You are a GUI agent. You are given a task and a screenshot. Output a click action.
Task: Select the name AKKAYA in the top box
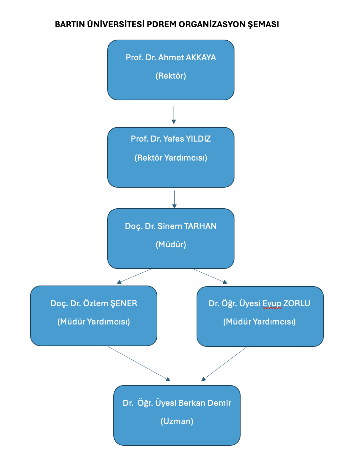pos(201,58)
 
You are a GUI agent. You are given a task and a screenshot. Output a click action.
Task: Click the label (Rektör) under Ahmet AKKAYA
pos(171,76)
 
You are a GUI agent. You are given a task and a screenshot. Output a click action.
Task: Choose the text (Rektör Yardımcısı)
pos(171,158)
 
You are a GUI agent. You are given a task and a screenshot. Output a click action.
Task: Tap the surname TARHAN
pos(200,226)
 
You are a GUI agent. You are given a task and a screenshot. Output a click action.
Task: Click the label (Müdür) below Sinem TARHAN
pos(171,245)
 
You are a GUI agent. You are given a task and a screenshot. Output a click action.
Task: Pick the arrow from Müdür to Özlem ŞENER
pos(134,276)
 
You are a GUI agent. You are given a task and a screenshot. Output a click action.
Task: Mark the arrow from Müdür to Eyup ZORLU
pos(210,276)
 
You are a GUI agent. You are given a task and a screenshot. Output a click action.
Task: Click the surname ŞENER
pos(124,303)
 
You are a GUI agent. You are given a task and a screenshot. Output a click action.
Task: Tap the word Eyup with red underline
pos(272,303)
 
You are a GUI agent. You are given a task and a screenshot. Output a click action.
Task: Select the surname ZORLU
pos(297,303)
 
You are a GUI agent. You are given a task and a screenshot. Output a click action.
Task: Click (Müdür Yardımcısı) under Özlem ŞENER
pos(94,322)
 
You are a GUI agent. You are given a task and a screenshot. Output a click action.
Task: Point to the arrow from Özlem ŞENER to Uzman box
pos(139,363)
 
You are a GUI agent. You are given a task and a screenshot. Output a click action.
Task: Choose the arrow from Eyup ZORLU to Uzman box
pos(224,363)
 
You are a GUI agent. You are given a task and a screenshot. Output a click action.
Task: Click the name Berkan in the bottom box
pos(192,403)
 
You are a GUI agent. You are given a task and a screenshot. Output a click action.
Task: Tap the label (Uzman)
pos(177,421)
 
